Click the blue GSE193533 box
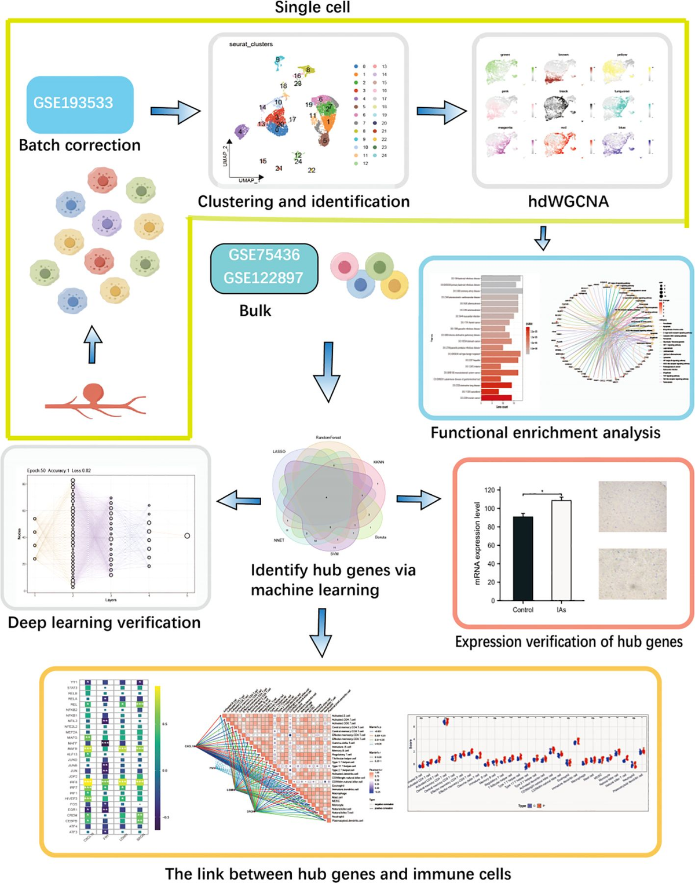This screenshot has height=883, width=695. pos(80,104)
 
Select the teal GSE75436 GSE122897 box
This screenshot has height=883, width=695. pos(264,267)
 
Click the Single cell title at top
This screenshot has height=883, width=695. pos(312,8)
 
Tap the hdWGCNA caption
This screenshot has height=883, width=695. pos(568,202)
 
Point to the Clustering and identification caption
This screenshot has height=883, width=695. pos(303,202)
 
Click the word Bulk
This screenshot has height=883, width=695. pos(255,311)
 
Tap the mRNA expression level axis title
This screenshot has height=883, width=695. pos(477,543)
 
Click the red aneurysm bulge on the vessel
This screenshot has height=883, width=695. pos(94,394)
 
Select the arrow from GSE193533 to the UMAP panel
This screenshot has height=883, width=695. pos(175,111)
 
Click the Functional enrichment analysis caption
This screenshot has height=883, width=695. pos(545,433)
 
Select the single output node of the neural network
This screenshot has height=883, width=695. pos(187,536)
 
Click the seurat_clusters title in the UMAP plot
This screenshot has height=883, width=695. pos(251,44)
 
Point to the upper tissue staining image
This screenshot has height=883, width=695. pos(632,506)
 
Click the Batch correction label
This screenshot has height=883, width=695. pos(80,145)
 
